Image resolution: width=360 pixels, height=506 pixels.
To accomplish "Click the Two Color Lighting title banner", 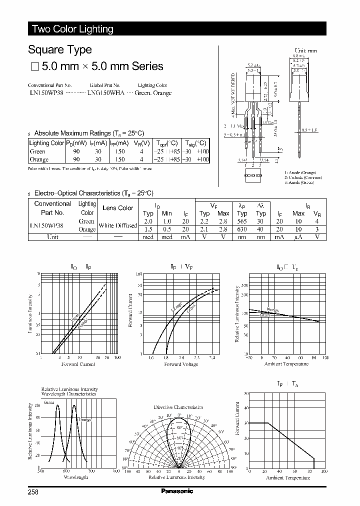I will (x=73, y=29).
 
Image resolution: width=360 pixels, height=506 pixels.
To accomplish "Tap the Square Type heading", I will (x=60, y=49).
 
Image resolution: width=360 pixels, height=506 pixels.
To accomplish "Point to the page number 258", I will (x=33, y=491).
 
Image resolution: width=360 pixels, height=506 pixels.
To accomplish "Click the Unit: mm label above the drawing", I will (x=305, y=51).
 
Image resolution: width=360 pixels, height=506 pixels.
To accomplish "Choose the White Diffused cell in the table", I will (x=118, y=225).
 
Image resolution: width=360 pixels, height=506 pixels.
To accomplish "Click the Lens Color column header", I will (x=118, y=208).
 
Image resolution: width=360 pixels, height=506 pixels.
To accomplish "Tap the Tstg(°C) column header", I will (x=194, y=142).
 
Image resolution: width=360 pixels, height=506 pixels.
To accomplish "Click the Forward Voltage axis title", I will (x=181, y=364).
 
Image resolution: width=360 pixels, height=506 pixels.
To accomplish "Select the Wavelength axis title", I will (x=76, y=477).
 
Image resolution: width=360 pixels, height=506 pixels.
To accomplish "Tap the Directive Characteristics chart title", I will (x=178, y=407).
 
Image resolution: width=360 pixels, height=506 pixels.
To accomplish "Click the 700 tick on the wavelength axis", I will (x=91, y=471).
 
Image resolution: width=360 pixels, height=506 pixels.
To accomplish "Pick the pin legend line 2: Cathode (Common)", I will (x=303, y=177).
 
